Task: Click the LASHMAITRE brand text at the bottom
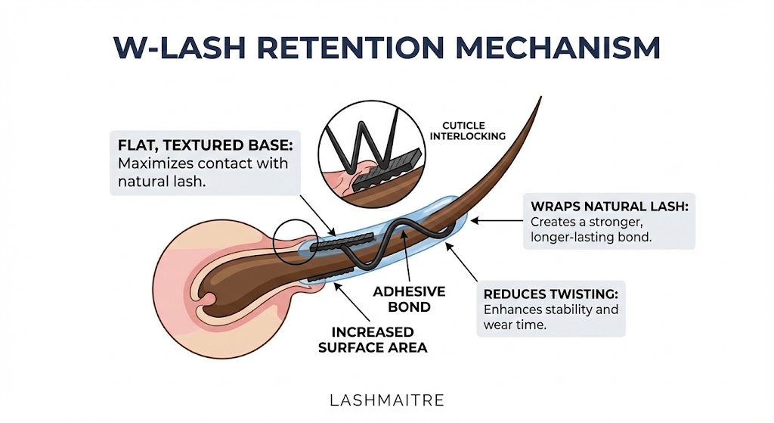tap(386, 400)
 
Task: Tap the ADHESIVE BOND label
tap(409, 299)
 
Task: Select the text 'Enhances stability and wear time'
tap(550, 318)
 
